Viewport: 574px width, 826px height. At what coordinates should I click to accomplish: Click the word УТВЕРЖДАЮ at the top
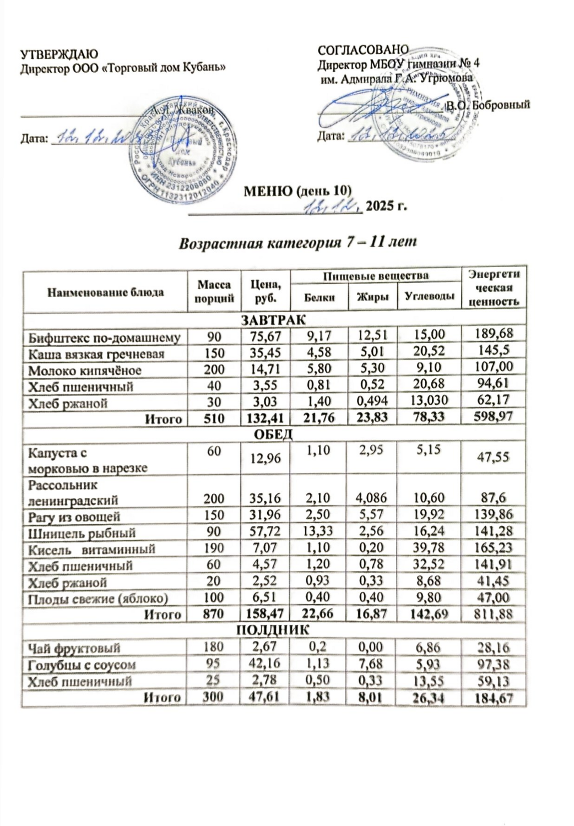59,55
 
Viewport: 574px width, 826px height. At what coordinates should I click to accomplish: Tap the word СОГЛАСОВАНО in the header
363,50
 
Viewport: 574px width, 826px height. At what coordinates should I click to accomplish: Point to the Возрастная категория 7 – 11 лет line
297,242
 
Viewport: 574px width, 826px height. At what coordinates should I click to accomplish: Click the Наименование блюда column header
105,292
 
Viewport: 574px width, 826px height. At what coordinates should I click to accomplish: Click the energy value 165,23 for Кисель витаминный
494,548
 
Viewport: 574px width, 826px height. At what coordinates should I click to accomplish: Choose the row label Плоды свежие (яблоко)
98,598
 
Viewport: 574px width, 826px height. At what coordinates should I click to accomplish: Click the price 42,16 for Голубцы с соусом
266,664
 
